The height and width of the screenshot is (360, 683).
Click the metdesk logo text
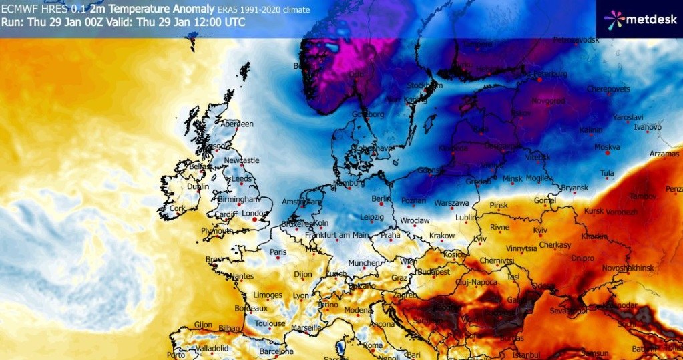(x=650, y=21)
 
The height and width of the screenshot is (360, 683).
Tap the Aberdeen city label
(x=238, y=124)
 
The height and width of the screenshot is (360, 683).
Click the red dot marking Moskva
(x=607, y=154)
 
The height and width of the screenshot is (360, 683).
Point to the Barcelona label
(x=276, y=351)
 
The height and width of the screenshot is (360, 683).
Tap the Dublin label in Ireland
(x=199, y=187)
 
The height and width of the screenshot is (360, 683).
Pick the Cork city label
(x=176, y=208)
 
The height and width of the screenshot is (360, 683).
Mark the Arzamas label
(x=665, y=154)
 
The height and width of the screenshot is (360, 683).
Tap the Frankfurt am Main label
(x=338, y=235)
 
